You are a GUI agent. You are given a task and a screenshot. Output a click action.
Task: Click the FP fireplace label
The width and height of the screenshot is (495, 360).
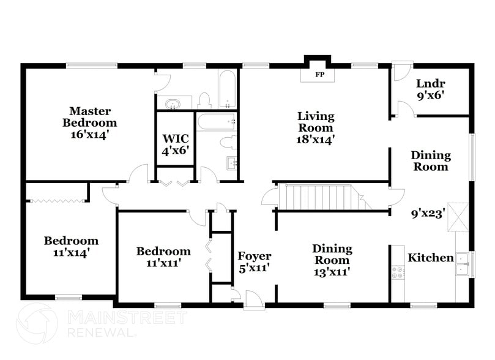[319, 75]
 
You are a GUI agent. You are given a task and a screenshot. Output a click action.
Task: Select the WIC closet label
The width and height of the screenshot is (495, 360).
[174, 138]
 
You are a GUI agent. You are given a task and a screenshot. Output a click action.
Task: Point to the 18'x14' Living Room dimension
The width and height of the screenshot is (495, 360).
[316, 139]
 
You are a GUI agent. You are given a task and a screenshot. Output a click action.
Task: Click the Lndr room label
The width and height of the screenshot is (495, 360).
[430, 84]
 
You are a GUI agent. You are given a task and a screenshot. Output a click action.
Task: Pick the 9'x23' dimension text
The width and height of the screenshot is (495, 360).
[428, 214]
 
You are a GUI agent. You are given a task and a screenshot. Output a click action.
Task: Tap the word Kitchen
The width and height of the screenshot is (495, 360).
[431, 258]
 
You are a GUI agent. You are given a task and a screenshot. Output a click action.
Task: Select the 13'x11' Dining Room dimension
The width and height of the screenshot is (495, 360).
[332, 271]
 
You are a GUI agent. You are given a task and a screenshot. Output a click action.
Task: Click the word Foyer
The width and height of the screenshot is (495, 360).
[254, 256]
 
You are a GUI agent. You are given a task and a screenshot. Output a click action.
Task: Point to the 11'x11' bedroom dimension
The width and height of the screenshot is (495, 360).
[163, 263]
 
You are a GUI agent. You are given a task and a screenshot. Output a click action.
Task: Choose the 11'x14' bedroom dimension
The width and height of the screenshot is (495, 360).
[70, 252]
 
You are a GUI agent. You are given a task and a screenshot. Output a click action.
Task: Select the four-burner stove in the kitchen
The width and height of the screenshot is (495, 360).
[397, 272]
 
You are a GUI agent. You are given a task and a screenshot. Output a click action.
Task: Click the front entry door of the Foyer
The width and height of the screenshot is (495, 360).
[251, 299]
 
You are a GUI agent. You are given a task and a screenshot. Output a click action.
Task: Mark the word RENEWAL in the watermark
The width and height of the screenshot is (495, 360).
[100, 332]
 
